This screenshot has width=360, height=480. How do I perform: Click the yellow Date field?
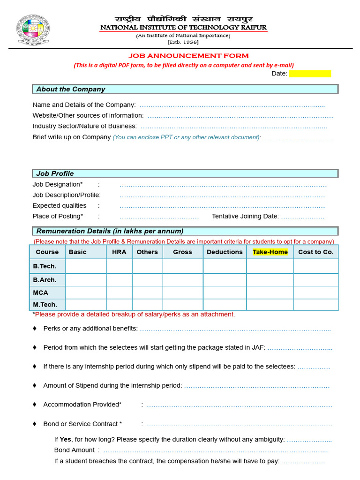click(310, 74)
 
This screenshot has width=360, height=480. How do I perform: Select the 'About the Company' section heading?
click(71, 89)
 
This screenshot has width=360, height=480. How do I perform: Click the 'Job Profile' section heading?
click(55, 173)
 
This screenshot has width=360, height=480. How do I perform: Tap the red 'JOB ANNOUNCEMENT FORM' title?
click(189, 56)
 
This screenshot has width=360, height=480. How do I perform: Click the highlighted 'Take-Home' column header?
click(270, 252)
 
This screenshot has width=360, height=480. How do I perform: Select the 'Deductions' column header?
click(225, 252)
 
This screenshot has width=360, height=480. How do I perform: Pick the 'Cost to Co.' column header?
click(315, 252)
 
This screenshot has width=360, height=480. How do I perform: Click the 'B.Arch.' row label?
click(45, 280)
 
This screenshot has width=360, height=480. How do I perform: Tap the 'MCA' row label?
click(40, 292)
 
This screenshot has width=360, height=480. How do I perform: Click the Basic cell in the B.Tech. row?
click(86, 266)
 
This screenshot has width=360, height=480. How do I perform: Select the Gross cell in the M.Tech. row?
click(182, 305)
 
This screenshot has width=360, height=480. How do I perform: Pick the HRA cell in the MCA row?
click(119, 292)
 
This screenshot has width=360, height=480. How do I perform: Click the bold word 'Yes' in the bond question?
click(65, 439)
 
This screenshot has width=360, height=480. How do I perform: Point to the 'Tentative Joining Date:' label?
click(245, 216)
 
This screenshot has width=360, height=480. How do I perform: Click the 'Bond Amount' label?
click(75, 450)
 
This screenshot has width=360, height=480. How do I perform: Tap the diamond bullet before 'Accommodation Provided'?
click(34, 404)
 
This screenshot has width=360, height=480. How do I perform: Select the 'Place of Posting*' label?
click(58, 216)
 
